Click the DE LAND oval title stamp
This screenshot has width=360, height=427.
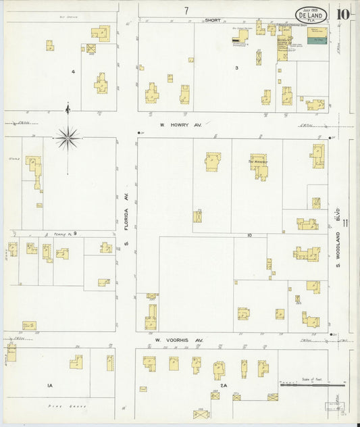pyautogui.click(x=311, y=15)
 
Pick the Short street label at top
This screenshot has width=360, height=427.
pyautogui.click(x=213, y=20)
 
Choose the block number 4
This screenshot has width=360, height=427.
pyautogui.click(x=73, y=71)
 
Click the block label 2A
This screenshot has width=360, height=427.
pyautogui.click(x=224, y=386)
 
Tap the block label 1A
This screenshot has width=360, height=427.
pyautogui.click(x=49, y=385)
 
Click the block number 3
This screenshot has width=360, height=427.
pyautogui.click(x=236, y=68)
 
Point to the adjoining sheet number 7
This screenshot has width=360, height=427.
pyautogui.click(x=186, y=10)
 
